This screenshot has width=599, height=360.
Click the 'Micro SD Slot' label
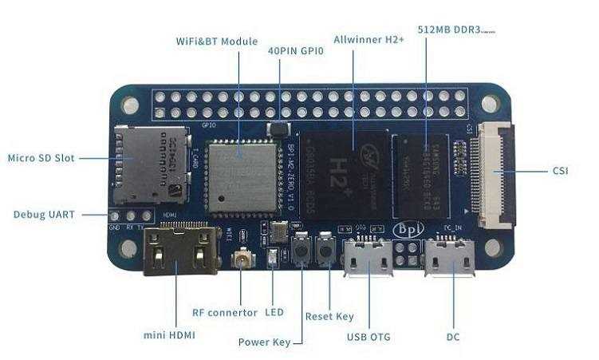pyautogui.click(x=41, y=158)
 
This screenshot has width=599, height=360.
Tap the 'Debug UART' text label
pyautogui.click(x=44, y=215)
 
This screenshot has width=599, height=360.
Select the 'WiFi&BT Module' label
pyautogui.click(x=215, y=41)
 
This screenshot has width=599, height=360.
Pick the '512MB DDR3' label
pyautogui.click(x=450, y=30)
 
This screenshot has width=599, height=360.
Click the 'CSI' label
pyautogui.click(x=560, y=171)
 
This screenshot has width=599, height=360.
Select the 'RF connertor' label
pyautogui.click(x=225, y=312)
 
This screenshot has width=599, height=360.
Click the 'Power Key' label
pyautogui.click(x=264, y=343)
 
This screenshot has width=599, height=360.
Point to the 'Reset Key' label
pyautogui.click(x=329, y=316)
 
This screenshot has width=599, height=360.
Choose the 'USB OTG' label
pyautogui.click(x=368, y=337)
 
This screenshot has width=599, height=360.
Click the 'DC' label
pyautogui.click(x=453, y=337)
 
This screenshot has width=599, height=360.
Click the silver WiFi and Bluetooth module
pyautogui.click(x=238, y=176)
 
